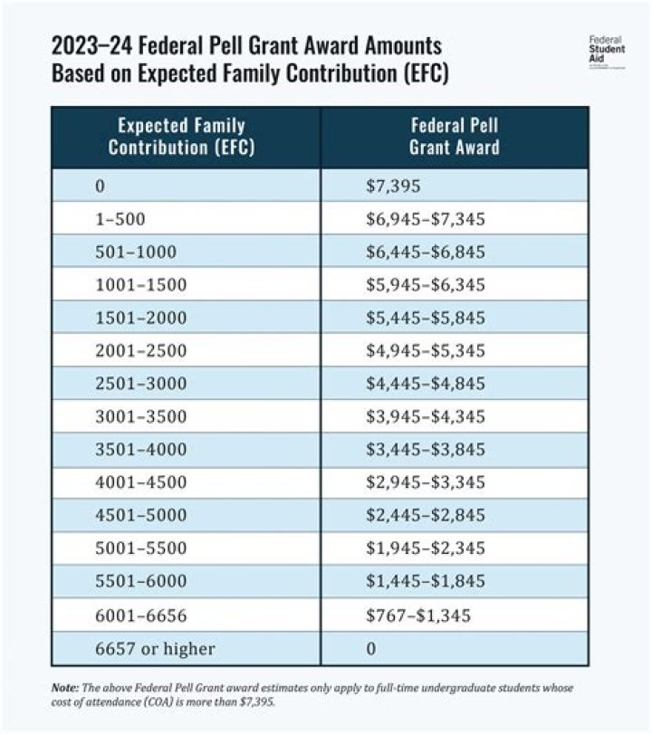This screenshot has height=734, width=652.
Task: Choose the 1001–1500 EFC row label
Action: tap(140, 285)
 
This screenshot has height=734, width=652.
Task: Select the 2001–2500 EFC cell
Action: tap(140, 350)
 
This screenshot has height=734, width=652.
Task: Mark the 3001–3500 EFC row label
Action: tap(140, 417)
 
